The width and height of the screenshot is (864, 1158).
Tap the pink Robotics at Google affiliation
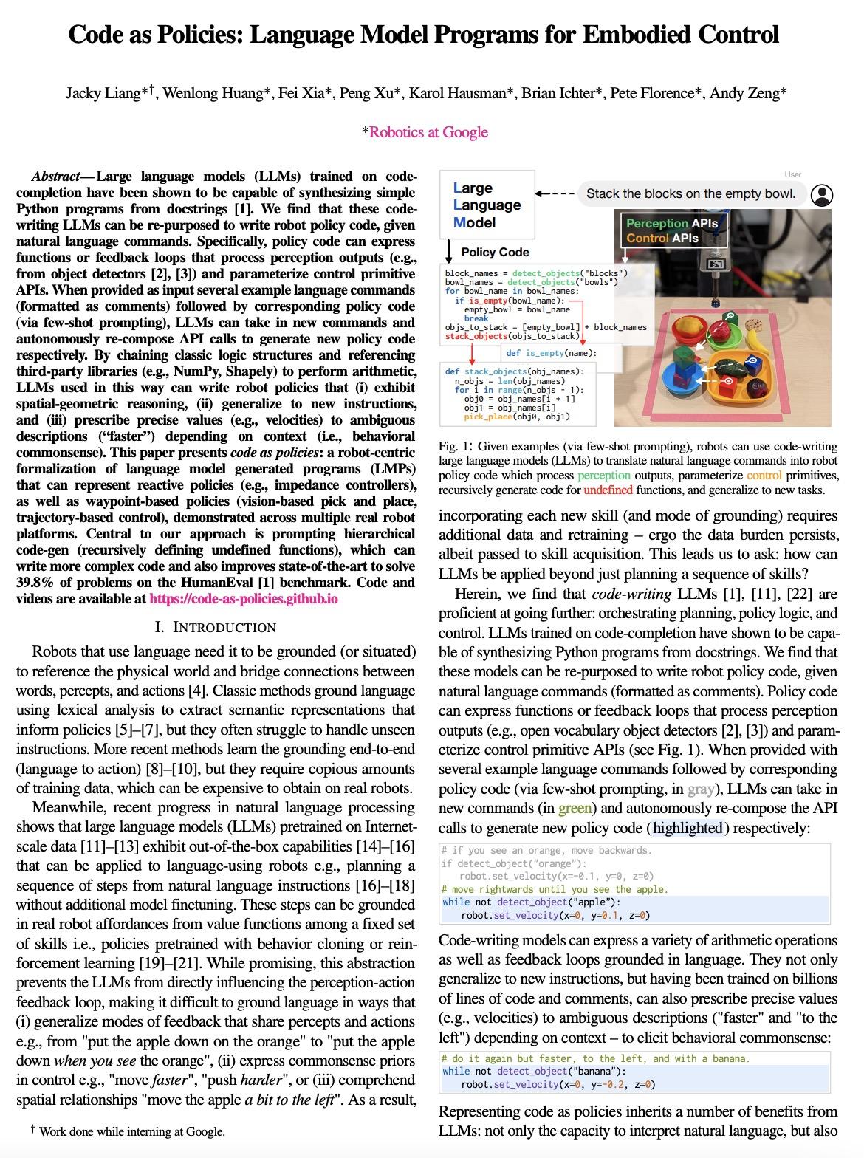(428, 132)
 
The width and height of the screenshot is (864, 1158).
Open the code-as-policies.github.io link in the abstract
(244, 599)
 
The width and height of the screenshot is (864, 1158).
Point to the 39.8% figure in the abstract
(33, 583)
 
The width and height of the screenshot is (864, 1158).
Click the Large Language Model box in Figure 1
(487, 205)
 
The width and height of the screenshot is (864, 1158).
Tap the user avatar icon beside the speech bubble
(821, 194)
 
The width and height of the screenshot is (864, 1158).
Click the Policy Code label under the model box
(495, 252)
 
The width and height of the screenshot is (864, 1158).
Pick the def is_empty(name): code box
(552, 352)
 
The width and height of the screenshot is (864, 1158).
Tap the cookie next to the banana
(753, 323)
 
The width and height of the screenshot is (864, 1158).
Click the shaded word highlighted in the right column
(688, 828)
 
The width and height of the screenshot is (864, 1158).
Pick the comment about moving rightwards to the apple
(554, 889)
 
